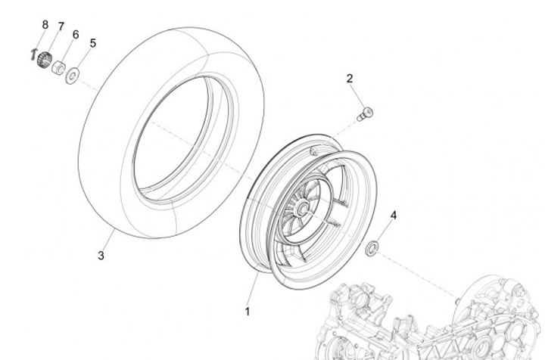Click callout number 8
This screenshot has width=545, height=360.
(45, 25)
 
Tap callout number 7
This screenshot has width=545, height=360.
(61, 26)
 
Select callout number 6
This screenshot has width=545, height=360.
(76, 35)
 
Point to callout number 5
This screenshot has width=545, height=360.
(92, 43)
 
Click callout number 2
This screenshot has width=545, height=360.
(350, 79)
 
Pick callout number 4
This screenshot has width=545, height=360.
(393, 216)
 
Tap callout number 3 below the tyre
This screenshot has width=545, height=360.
(101, 256)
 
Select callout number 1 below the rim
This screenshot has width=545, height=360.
(246, 310)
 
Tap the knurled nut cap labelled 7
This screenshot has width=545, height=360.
(45, 58)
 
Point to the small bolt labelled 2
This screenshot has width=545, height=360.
(365, 114)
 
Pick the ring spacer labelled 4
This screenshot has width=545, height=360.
(373, 248)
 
